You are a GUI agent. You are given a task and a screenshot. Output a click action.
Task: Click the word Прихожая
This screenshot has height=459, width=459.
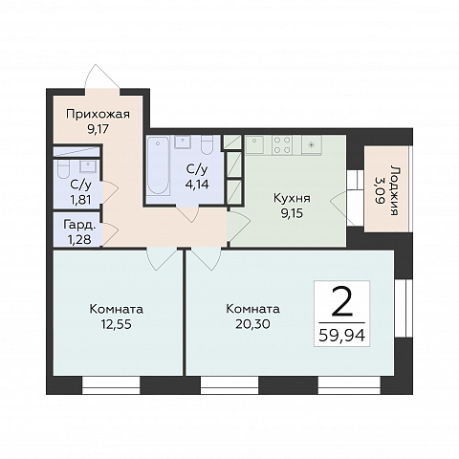[x=98, y=114]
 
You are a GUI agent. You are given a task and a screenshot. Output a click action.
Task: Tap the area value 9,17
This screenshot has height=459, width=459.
[x=98, y=129]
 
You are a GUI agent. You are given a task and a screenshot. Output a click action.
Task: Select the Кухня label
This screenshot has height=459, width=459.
[x=292, y=198]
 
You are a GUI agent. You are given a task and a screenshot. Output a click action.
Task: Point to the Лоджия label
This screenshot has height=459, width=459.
[x=395, y=190]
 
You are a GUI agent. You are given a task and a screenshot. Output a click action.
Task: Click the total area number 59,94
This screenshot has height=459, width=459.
[x=341, y=336]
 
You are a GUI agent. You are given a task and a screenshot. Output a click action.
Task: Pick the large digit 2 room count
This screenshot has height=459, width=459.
[x=341, y=301]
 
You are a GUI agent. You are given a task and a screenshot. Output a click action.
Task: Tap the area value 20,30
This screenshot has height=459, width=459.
[x=252, y=324]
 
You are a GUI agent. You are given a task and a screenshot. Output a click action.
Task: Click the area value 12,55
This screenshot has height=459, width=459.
[x=116, y=324]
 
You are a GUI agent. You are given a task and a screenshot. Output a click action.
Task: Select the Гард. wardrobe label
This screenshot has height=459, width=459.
[x=79, y=225]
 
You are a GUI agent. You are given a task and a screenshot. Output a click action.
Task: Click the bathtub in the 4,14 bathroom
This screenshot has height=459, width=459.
[x=158, y=165]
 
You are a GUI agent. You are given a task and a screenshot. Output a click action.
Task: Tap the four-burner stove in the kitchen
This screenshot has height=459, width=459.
[x=282, y=145]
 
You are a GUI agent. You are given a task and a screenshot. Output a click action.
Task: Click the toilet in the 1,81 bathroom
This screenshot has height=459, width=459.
[x=63, y=169]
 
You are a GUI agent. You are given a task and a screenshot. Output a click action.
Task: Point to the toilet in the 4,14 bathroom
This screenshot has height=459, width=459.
[x=208, y=145]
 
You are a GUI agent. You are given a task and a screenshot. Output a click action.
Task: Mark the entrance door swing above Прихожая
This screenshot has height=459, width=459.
[x=101, y=76]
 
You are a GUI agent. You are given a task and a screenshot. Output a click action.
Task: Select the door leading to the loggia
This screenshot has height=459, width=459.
[x=342, y=208]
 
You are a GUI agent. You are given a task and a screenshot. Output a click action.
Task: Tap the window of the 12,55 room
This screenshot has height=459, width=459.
[x=111, y=385]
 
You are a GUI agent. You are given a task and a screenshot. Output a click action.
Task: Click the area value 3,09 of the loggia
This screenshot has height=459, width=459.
[x=380, y=191]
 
